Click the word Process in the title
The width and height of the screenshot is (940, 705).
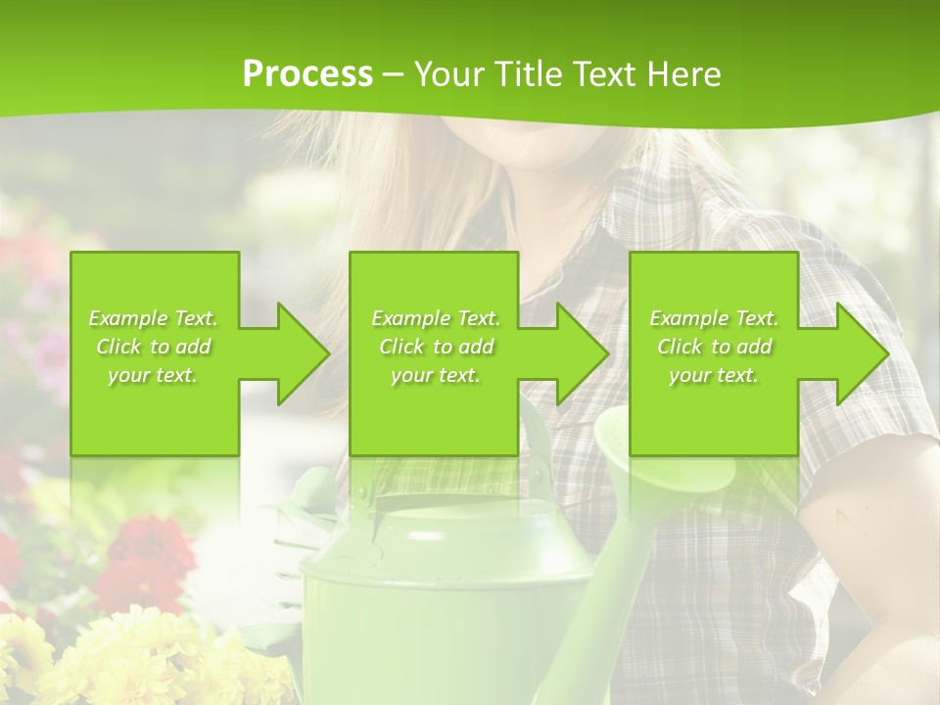(307, 74)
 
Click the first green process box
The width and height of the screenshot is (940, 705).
(155, 294)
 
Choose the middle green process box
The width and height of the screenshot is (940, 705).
(434, 294)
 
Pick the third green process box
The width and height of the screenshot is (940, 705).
(713, 294)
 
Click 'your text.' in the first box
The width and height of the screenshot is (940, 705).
(153, 375)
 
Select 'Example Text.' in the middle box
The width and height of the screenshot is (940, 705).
(436, 318)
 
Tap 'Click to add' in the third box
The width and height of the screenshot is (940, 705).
(715, 347)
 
